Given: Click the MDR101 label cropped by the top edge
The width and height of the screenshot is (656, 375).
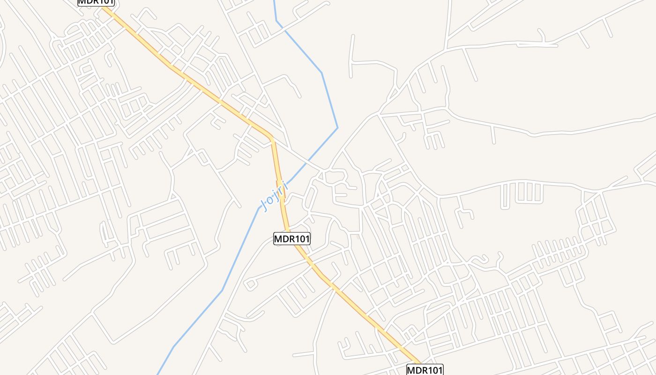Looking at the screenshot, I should tap(96, 2).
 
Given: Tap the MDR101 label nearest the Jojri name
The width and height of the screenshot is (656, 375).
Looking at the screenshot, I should tap(292, 239).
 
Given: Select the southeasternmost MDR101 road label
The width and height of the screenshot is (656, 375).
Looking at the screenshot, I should tap(425, 370).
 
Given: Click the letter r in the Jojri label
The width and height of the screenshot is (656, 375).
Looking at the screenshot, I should tap(280, 191).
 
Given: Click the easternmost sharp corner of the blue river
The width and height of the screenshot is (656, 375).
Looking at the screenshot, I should tap(337, 127).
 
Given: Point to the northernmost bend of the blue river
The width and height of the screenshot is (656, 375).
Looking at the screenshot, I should tap(276, 20).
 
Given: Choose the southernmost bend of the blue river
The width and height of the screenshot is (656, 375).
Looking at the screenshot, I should tap(174, 347).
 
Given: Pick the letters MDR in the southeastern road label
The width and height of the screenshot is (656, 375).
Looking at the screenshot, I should tap(417, 370).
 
